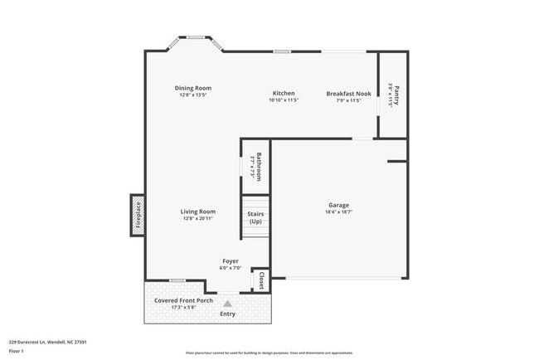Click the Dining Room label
click(x=192, y=88)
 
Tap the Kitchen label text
click(x=284, y=93)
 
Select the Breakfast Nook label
click(x=348, y=94)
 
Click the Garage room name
click(x=338, y=205)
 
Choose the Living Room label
click(x=198, y=212)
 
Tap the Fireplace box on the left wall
click(x=138, y=215)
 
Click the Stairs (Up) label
click(x=255, y=218)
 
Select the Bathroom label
click(x=259, y=167)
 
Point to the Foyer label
click(x=230, y=260)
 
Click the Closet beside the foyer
click(x=261, y=280)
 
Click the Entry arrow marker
click(x=227, y=304)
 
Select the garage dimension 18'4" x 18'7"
click(x=338, y=212)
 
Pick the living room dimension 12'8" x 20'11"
click(x=198, y=218)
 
